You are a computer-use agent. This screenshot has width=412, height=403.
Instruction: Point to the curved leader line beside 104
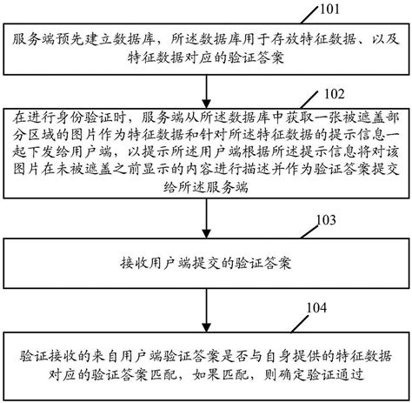point(296,316)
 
